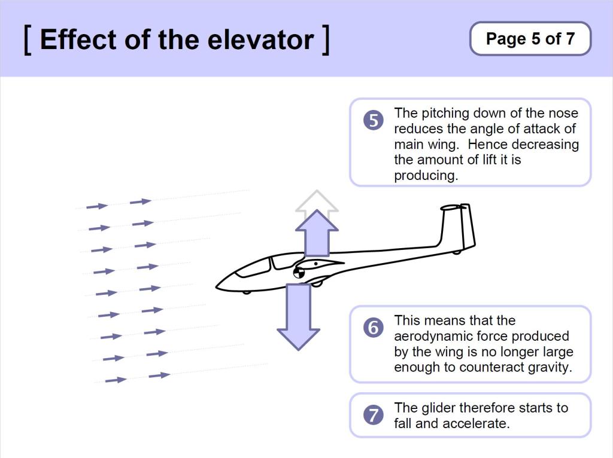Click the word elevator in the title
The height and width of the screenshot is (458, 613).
[261, 39]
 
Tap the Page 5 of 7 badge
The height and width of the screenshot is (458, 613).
[530, 39]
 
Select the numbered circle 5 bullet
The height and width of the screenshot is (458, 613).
[373, 121]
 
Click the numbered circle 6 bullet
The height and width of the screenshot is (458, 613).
[373, 328]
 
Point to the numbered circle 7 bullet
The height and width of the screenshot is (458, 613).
[373, 415]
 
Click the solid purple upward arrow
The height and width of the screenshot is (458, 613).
[316, 234]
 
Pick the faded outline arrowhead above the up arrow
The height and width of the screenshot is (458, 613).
[316, 200]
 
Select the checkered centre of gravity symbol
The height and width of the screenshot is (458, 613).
[299, 273]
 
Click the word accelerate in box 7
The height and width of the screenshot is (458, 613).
[476, 423]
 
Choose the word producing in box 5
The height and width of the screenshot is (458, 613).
[426, 176]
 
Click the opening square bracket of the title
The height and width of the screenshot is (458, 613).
[28, 39]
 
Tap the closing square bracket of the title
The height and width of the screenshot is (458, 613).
[325, 39]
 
